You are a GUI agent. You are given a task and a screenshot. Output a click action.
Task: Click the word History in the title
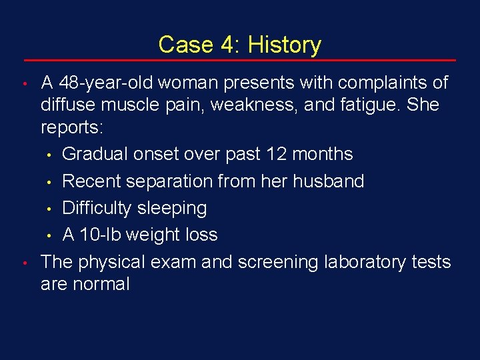pyautogui.click(x=284, y=45)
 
